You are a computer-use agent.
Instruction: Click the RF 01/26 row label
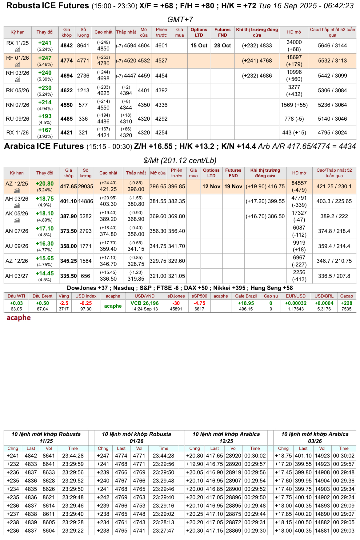tap(18, 58)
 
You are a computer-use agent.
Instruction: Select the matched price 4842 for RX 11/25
tap(66, 46)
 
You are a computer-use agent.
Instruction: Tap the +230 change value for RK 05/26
tap(45, 88)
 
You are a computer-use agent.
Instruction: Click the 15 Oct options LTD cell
tap(199, 46)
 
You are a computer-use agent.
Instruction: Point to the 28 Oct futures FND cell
tap(222, 46)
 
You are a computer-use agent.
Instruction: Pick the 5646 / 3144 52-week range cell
tap(332, 46)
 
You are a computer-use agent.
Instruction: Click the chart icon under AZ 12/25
tap(17, 190)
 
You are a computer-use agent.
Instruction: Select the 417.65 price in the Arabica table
tap(68, 186)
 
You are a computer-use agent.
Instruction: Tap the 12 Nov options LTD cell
tap(211, 186)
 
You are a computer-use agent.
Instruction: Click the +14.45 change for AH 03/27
tap(45, 274)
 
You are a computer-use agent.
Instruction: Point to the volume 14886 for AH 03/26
tap(86, 201)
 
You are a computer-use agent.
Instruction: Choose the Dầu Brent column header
tap(42, 296)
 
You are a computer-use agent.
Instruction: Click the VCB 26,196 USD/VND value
tap(145, 303)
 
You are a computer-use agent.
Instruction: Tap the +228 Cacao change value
tap(346, 303)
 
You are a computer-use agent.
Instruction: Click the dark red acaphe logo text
tap(19, 318)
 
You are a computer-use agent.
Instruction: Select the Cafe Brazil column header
tap(246, 296)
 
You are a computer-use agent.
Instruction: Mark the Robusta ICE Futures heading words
tap(48, 6)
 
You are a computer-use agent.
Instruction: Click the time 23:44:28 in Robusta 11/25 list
tap(73, 456)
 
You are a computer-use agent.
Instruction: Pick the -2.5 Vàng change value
tap(64, 303)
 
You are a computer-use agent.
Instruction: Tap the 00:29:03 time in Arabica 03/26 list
tap(344, 530)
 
